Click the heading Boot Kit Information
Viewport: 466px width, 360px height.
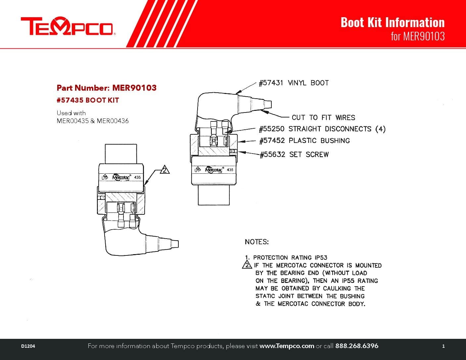(x=392, y=22)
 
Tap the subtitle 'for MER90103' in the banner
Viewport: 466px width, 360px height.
(x=417, y=36)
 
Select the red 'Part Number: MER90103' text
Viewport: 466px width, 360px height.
(x=106, y=88)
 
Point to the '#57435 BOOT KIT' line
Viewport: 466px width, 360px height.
(x=88, y=100)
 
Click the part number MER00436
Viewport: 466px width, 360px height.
(x=113, y=121)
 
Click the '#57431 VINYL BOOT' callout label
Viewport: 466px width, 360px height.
(x=294, y=83)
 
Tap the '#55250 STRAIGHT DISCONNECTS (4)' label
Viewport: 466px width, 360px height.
(x=322, y=129)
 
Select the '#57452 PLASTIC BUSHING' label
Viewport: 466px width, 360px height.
(x=304, y=141)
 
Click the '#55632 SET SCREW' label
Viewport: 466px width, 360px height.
(x=294, y=155)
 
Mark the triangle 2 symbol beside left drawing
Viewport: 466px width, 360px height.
(x=164, y=170)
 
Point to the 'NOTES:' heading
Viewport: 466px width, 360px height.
(x=257, y=242)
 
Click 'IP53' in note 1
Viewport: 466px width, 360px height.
(x=320, y=257)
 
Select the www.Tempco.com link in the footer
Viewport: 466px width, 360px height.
(x=287, y=346)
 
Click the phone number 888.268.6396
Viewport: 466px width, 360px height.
(x=357, y=346)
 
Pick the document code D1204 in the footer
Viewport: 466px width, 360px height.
(x=28, y=346)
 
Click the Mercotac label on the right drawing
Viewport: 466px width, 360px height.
(x=214, y=170)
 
